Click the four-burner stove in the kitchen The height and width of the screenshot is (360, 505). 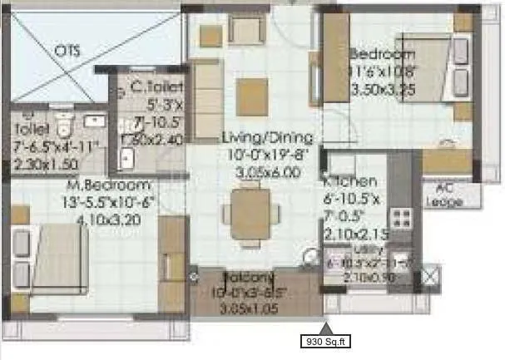[403, 219]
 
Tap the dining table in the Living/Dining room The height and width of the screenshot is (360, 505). [249, 210]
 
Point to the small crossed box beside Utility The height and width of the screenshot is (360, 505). [431, 275]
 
